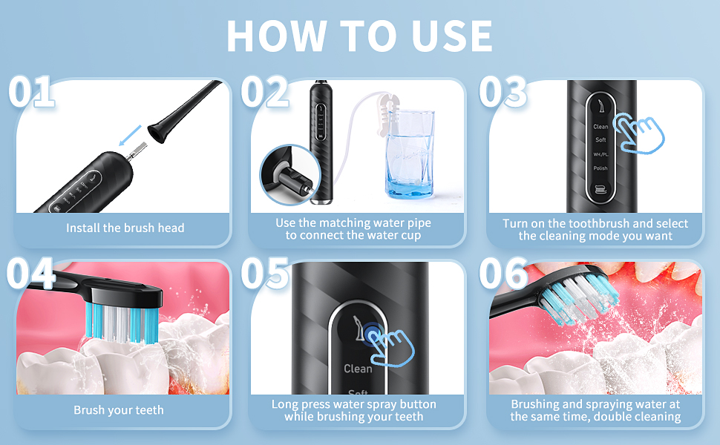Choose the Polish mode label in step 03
[600, 168]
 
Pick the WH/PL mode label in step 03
[600, 154]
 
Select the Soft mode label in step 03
[600, 140]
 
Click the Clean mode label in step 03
[600, 127]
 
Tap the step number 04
[31, 274]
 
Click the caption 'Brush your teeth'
[119, 410]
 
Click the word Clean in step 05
[358, 369]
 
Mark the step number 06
[503, 274]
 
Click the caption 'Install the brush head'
[125, 228]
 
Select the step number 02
[265, 93]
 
